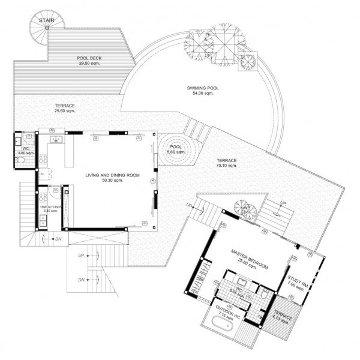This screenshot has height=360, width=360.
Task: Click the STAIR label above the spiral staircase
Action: pyautogui.click(x=44, y=20)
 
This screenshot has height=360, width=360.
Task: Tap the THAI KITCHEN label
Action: pyautogui.click(x=50, y=208)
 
